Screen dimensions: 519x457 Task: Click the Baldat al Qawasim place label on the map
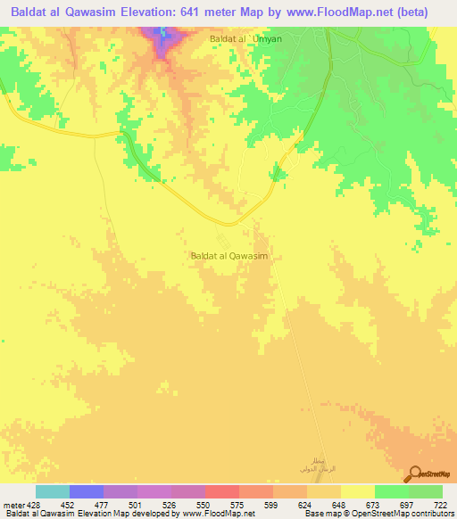[x=230, y=255]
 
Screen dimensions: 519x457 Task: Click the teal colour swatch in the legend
[x=53, y=491]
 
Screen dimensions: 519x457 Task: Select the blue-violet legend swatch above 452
[x=87, y=491]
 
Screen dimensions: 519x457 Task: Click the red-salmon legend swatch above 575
[x=222, y=491]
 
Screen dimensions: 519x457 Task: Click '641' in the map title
[x=226, y=12]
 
